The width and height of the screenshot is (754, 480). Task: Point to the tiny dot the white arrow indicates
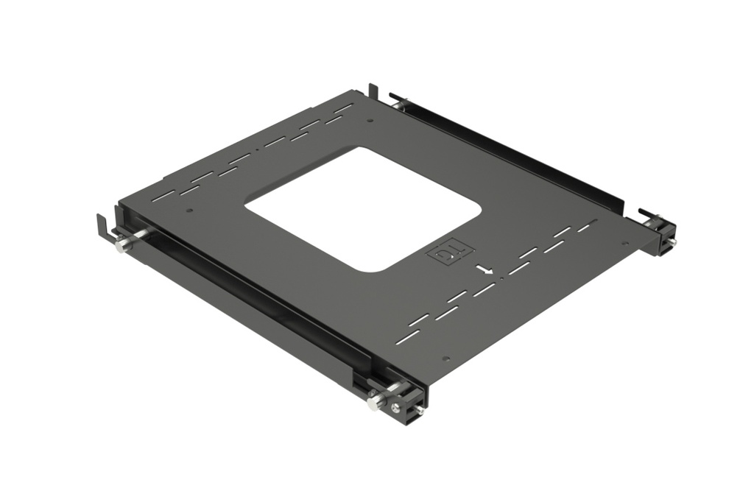click(x=501, y=278)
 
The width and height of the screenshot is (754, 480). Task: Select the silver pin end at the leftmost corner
click(x=120, y=247)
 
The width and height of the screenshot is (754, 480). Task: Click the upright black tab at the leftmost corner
click(x=101, y=225)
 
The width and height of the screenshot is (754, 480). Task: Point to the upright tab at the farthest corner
click(x=373, y=91)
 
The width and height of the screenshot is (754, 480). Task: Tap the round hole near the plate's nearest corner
click(x=445, y=359)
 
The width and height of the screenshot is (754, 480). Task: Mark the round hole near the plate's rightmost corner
click(x=625, y=244)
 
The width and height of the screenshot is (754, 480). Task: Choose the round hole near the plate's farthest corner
click(x=370, y=119)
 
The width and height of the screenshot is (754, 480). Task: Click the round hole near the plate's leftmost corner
click(x=190, y=211)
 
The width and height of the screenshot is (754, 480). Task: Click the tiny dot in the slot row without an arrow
click(x=257, y=150)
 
